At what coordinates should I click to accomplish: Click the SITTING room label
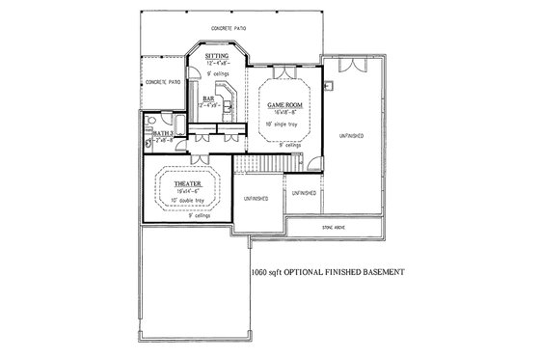pyautogui.click(x=216, y=57)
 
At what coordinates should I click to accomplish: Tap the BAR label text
pyautogui.click(x=208, y=98)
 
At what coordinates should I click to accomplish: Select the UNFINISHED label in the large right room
pyautogui.click(x=351, y=137)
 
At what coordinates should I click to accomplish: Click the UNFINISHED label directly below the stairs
pyautogui.click(x=256, y=198)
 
